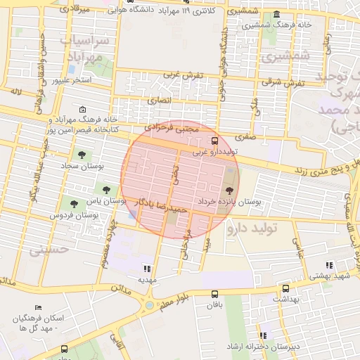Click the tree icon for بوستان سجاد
tap(82, 154)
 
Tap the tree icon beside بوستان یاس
tap(106, 189)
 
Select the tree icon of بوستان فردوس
tap(74, 204)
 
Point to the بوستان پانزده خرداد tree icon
tap(229, 190)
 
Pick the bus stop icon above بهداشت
tap(285, 288)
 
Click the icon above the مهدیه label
tap(146, 268)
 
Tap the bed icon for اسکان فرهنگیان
tap(38, 308)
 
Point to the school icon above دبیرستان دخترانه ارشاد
tap(263, 336)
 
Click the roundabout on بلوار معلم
tap(148, 305)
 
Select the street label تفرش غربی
tap(184, 75)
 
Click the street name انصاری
tap(157, 101)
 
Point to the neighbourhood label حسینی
tap(49, 249)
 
